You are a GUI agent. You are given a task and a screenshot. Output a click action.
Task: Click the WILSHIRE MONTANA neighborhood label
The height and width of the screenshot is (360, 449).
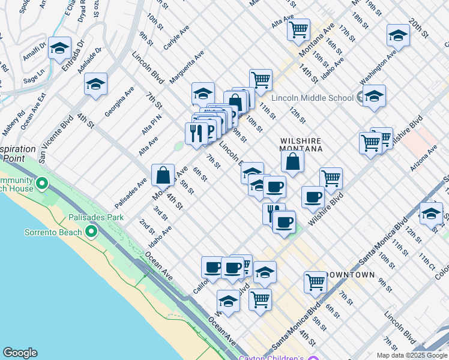click(301, 145)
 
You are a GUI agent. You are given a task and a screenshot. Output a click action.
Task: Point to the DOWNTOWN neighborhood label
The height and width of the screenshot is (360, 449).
click(350, 275)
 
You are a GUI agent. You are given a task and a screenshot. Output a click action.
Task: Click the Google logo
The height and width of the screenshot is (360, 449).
click(20, 353)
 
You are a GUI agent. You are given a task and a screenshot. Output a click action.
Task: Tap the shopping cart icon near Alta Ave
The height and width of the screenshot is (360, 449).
click(298, 28)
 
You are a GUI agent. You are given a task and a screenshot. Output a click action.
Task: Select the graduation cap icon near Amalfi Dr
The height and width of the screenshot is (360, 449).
click(59, 47)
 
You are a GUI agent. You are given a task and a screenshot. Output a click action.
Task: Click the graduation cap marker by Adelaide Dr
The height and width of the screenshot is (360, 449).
click(95, 84)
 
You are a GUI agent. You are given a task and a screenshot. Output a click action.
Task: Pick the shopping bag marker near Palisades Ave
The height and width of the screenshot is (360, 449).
click(163, 175)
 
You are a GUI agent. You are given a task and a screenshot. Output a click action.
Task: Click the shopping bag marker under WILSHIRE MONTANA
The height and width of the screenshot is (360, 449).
click(292, 160)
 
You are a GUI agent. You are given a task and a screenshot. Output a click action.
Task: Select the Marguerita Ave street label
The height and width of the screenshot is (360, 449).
click(187, 67)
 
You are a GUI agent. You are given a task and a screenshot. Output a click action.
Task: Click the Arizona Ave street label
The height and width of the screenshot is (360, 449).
click(424, 158)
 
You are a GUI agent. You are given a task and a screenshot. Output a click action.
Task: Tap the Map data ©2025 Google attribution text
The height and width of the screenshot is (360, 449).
click(411, 355)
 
